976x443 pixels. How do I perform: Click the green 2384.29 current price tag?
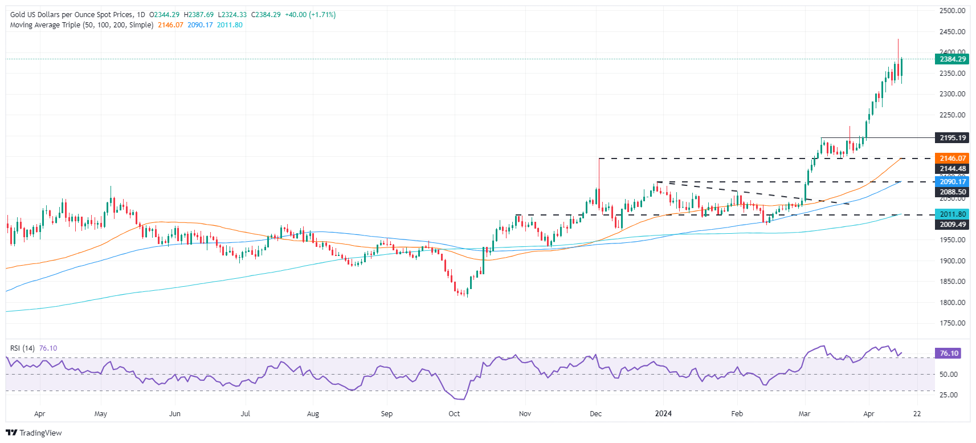(x=952, y=59)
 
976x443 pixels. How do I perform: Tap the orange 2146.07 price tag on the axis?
(x=952, y=158)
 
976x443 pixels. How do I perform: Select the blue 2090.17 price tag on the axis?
(x=952, y=182)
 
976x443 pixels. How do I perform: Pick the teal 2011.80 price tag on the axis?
(x=952, y=214)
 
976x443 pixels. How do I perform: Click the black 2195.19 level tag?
(x=952, y=138)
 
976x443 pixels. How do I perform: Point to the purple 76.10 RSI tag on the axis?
(x=949, y=353)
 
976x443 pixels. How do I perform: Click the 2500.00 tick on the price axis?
(x=952, y=11)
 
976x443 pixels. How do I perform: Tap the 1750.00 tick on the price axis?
(x=952, y=323)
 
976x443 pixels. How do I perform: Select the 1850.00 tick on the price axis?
(x=952, y=282)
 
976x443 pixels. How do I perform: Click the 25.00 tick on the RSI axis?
(x=949, y=395)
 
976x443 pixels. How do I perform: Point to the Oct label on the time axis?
(x=454, y=414)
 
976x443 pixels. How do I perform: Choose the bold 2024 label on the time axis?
(x=663, y=414)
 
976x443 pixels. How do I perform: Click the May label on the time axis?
(x=100, y=414)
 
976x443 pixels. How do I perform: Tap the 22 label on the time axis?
(x=917, y=414)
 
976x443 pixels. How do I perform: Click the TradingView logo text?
(x=40, y=433)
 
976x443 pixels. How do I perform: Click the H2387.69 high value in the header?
(x=198, y=15)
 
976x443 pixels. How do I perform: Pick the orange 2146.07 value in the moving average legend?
(x=170, y=25)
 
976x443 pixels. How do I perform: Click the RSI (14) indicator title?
(x=22, y=348)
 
